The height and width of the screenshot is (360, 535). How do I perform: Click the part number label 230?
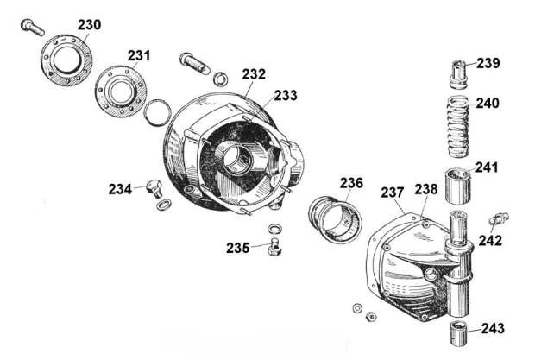click(x=90, y=25)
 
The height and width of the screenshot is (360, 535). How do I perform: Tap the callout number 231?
click(x=139, y=55)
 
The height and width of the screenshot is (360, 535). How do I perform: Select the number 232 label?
click(x=254, y=74)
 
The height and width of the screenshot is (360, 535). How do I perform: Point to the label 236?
click(x=351, y=183)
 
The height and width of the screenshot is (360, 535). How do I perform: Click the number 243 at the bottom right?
click(x=493, y=329)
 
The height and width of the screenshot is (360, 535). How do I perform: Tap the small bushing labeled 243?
click(x=458, y=333)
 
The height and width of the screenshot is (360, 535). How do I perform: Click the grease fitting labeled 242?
click(x=499, y=218)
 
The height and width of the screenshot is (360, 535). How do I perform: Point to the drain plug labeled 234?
click(x=154, y=189)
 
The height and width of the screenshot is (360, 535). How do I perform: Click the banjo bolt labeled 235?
click(x=274, y=246)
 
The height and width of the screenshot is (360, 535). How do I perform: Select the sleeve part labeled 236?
click(x=333, y=218)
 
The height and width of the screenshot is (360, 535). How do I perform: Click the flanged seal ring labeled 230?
click(x=67, y=60)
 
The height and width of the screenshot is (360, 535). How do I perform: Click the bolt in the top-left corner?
click(x=33, y=28)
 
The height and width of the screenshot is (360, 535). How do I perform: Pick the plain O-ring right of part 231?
click(x=157, y=112)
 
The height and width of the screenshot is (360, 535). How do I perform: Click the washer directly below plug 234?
click(x=163, y=205)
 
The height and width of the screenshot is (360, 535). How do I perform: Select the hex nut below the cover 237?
click(x=370, y=317)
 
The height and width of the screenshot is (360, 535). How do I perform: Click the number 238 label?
click(x=425, y=190)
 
